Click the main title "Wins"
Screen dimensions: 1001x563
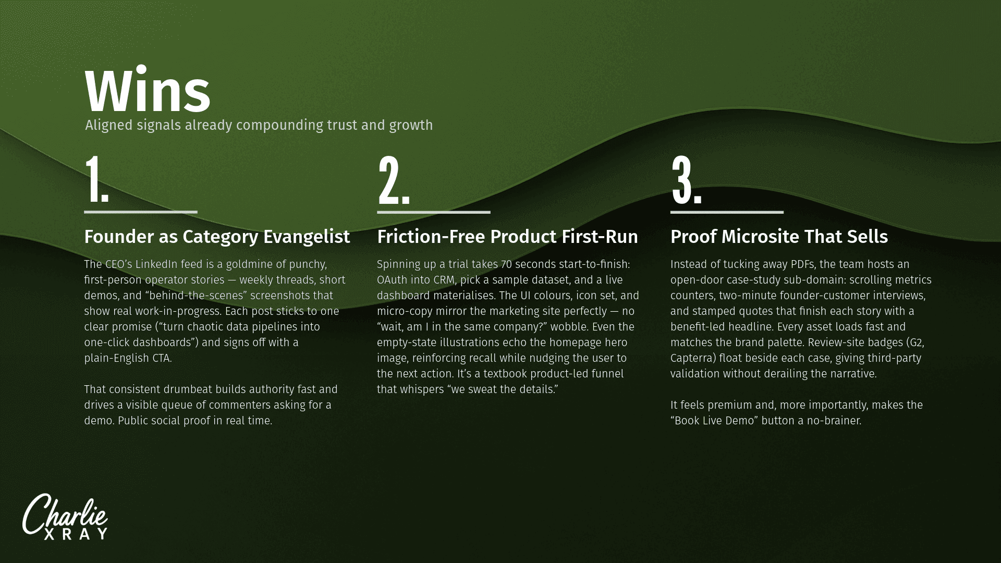click(x=148, y=91)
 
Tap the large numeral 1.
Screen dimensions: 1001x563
click(x=97, y=179)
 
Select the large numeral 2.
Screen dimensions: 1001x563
click(x=394, y=179)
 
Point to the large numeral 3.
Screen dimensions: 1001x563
click(x=687, y=179)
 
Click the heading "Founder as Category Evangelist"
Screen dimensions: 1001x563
click(x=217, y=237)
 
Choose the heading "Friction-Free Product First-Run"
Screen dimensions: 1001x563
click(x=507, y=237)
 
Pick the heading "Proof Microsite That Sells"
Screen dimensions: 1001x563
click(x=779, y=237)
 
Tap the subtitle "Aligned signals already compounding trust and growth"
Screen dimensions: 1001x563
click(x=259, y=125)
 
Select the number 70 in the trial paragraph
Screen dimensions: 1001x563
click(x=506, y=264)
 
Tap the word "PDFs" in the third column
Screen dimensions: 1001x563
click(x=803, y=264)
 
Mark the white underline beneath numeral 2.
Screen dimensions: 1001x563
click(x=434, y=212)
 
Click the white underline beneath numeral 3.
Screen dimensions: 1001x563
click(x=727, y=212)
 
